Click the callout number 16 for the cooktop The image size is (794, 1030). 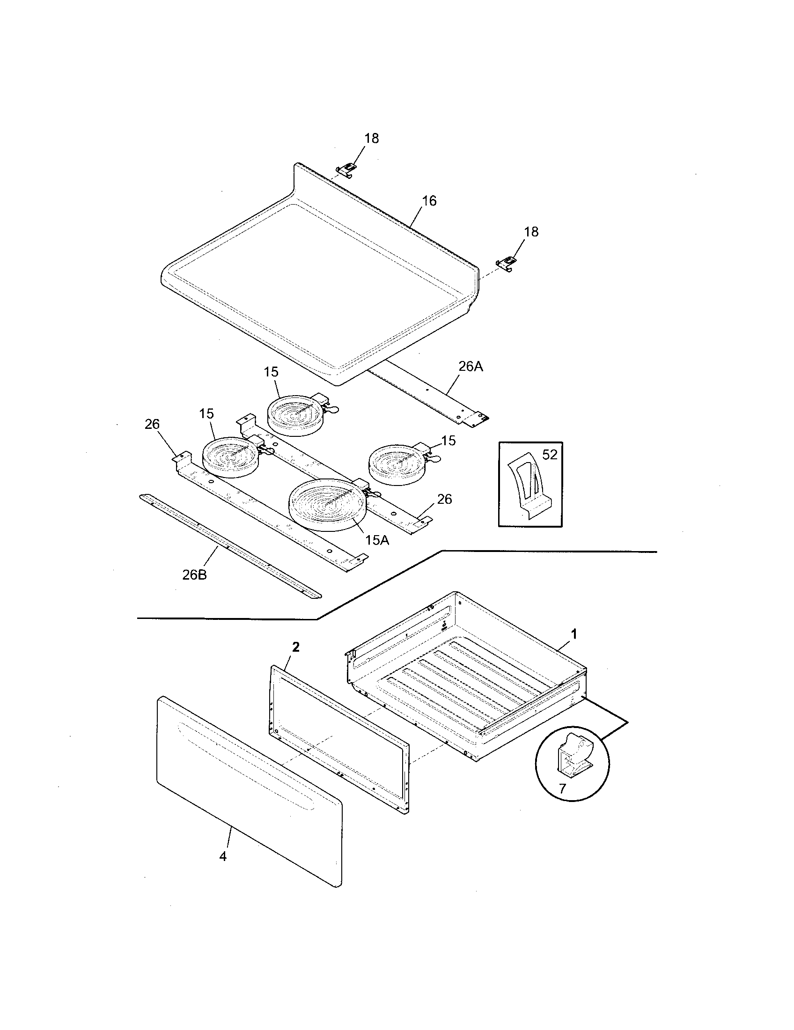[x=429, y=201]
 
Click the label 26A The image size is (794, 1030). [x=471, y=367]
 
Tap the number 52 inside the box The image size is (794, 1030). [x=550, y=455]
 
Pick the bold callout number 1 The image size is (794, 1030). [x=574, y=634]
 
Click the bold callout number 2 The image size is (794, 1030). [x=295, y=647]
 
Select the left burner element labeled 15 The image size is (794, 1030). [x=229, y=456]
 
